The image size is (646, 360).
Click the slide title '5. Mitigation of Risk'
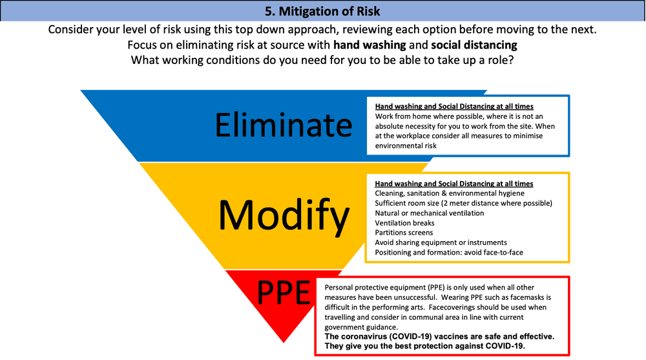tap(322, 11)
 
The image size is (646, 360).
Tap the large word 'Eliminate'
tap(284, 125)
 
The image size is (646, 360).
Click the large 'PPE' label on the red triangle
tap(284, 292)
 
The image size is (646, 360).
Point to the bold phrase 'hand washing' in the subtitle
tap(370, 45)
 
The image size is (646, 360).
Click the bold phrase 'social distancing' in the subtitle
tap(474, 45)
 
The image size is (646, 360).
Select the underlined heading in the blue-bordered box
tap(454, 107)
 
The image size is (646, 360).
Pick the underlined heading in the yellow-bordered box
tap(453, 184)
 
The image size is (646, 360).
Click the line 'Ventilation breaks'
tap(404, 223)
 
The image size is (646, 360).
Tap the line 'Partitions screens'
tap(404, 233)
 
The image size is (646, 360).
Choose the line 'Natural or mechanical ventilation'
tap(430, 213)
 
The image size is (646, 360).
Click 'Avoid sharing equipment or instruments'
tap(441, 242)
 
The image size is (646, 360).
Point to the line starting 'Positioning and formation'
tap(449, 252)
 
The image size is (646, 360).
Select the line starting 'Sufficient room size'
tap(463, 204)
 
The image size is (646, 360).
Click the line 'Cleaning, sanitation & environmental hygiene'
tap(450, 193)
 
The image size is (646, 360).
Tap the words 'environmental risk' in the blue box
tap(406, 145)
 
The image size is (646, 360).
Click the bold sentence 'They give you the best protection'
tap(425, 346)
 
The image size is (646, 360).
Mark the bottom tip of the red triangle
tap(284, 343)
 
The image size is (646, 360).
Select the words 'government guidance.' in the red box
tap(361, 328)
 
